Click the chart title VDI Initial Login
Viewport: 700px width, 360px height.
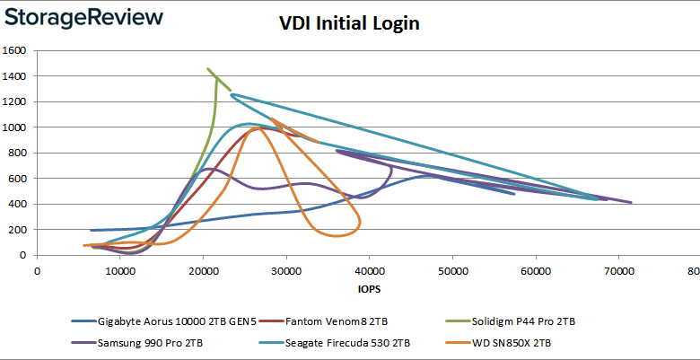(350, 23)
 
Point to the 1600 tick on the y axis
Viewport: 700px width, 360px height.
(15, 50)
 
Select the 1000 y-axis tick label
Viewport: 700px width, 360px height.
(15, 127)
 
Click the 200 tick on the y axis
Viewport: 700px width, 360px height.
(19, 230)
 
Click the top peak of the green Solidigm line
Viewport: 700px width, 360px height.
(208, 68)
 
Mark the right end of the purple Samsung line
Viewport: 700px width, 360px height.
(631, 203)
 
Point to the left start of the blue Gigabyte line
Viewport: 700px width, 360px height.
(92, 231)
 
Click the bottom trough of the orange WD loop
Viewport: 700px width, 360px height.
(337, 236)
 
